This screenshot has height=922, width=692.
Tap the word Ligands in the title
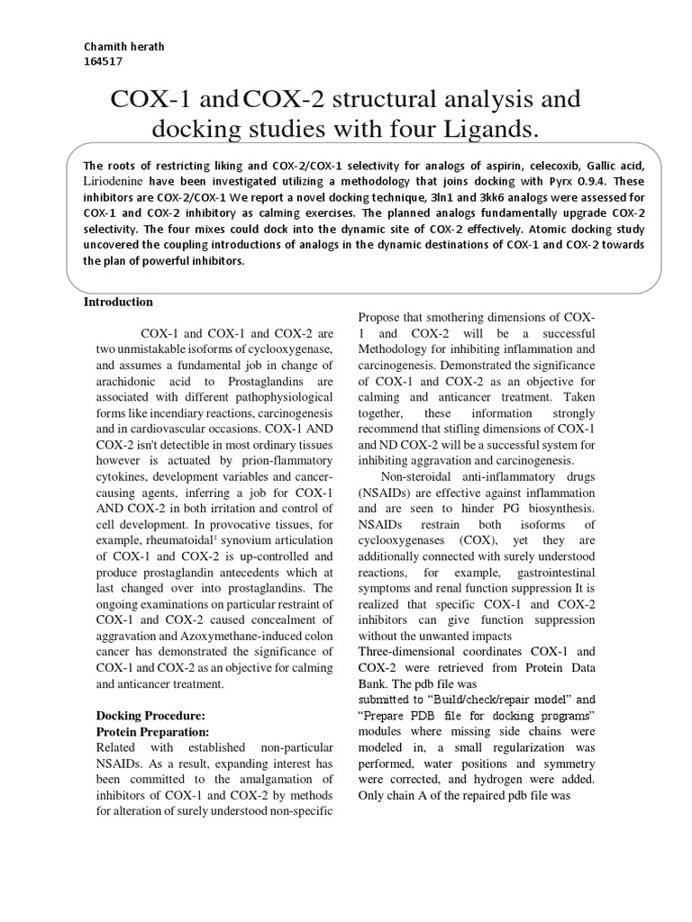(x=487, y=131)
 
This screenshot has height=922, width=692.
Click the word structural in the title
(x=381, y=98)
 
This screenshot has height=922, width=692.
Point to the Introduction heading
(x=118, y=302)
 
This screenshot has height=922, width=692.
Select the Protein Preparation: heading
(x=152, y=731)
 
